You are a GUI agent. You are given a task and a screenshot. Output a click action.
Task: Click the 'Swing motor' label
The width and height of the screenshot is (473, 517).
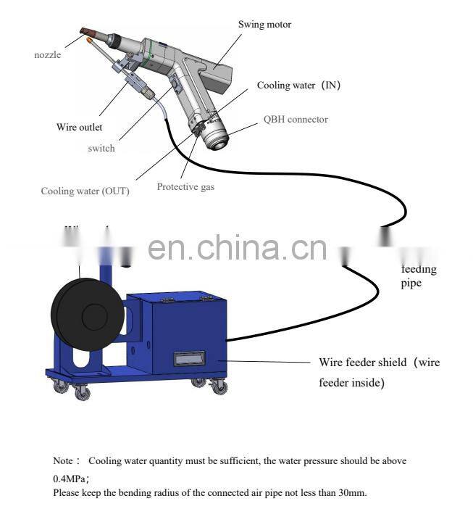(x=264, y=25)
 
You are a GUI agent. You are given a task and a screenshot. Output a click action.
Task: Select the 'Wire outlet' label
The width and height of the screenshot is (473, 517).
(x=76, y=128)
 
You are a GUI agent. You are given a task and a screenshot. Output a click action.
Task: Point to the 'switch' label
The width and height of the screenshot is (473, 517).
(x=101, y=148)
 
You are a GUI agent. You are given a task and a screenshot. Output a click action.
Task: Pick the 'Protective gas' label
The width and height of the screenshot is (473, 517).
(x=185, y=187)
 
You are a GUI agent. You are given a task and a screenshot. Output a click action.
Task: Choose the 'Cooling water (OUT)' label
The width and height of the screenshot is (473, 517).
(x=85, y=191)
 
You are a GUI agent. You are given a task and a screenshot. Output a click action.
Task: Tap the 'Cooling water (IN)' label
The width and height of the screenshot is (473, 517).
(x=298, y=86)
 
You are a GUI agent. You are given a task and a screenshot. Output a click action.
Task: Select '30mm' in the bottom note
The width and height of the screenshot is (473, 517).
(x=351, y=493)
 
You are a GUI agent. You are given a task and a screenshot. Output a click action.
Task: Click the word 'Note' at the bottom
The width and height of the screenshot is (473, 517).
(x=63, y=460)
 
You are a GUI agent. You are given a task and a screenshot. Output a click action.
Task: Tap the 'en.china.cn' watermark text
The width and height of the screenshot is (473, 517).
(x=237, y=248)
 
